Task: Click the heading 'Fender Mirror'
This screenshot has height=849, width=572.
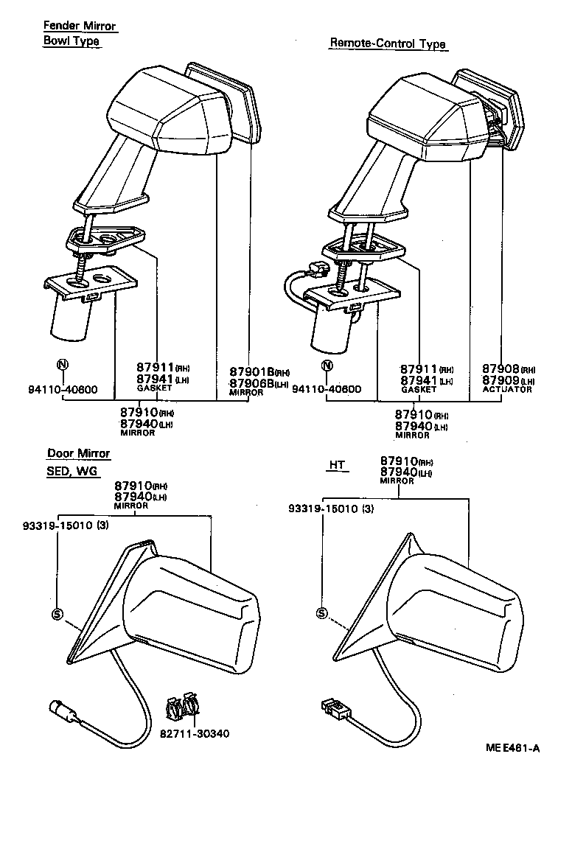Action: coord(80,27)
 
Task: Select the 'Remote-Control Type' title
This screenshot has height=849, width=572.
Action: coord(388,44)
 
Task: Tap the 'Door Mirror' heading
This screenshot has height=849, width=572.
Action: coord(79,454)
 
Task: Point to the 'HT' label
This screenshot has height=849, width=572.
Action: coord(337,465)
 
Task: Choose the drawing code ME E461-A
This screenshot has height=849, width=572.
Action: coord(512,749)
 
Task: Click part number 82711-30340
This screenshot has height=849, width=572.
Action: coord(195,733)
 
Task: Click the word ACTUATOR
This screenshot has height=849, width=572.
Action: coord(506,389)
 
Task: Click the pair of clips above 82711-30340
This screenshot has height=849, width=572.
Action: coord(182,707)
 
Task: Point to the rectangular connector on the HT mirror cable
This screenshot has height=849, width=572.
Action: coord(335,710)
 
